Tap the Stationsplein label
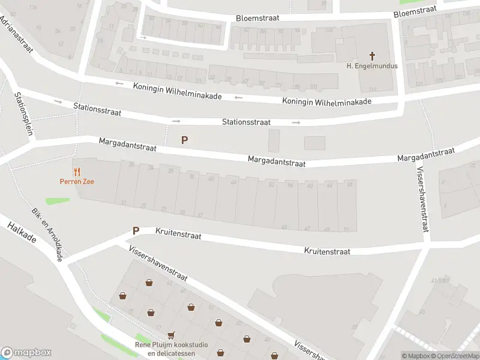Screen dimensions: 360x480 [24, 114]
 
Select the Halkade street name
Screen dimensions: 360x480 [22, 233]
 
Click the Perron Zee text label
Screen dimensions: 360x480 [76, 181]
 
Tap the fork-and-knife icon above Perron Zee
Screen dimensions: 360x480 [76, 171]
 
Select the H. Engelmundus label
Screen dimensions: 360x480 [372, 66]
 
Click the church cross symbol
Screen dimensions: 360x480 [372, 56]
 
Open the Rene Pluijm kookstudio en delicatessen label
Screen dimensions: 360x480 [172, 349]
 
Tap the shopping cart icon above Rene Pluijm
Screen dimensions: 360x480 [172, 335]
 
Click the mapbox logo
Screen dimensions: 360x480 [26, 353]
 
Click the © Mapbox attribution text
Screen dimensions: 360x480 [415, 356]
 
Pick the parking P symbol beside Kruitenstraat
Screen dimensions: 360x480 [136, 230]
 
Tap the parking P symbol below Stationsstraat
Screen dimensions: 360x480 [185, 140]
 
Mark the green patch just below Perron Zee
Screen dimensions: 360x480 [57, 201]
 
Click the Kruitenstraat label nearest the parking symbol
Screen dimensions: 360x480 [178, 233]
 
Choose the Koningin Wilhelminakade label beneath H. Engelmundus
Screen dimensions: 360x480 [327, 101]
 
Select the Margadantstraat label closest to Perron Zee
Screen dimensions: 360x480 [127, 145]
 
